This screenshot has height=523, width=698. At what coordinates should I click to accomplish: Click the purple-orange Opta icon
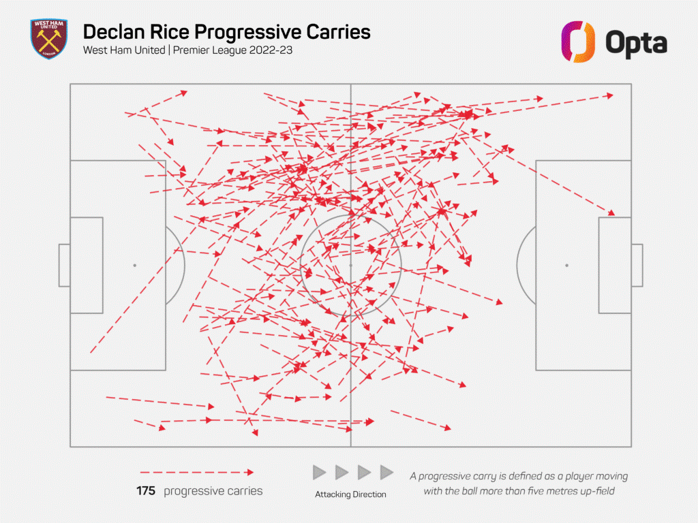coord(578,41)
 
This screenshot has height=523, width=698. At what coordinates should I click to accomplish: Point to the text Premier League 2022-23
coord(235,50)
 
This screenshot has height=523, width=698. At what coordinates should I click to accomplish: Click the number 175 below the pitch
coord(146,491)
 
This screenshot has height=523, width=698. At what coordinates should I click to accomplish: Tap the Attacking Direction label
coord(350,494)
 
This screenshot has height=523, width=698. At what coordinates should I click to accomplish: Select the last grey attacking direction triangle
coord(386,472)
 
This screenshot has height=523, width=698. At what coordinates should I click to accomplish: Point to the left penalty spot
coord(135,265)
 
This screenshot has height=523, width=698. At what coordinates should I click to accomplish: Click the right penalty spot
coord(566,265)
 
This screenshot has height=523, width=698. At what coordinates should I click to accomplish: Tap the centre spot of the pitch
coord(350,265)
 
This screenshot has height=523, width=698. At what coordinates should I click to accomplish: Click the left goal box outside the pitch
coord(64,265)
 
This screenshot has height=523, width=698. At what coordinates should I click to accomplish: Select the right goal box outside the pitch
coord(637,265)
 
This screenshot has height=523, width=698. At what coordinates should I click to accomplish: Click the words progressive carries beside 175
coord(213,491)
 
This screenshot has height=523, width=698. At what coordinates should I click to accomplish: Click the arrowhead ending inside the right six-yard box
coord(611,214)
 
